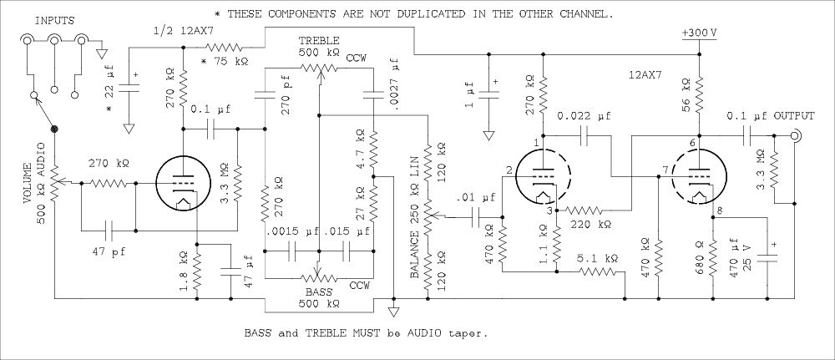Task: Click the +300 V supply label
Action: coord(698,33)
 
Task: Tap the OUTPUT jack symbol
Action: coord(797,136)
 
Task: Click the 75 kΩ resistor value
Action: coord(230,61)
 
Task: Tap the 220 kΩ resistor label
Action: coord(590,224)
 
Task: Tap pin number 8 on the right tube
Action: coord(719,209)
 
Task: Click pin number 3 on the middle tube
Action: coord(549,210)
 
